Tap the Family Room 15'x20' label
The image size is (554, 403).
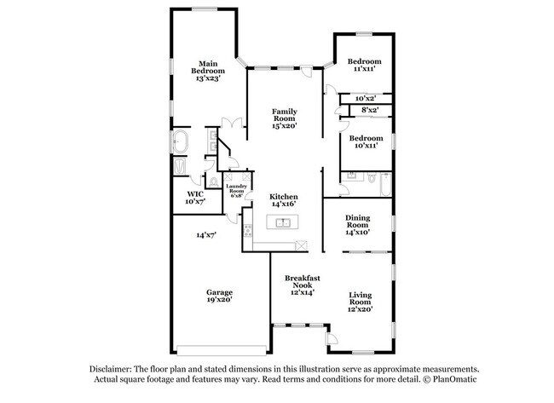click(x=285, y=118)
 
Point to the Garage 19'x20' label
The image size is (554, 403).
click(x=219, y=296)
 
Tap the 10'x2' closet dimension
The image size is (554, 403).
click(x=366, y=99)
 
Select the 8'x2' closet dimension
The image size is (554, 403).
click(x=370, y=110)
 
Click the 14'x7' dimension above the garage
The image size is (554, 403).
click(x=206, y=235)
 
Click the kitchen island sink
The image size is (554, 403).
click(x=283, y=222)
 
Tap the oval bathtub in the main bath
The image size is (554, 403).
click(x=181, y=141)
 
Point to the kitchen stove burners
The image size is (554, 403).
click(x=248, y=230)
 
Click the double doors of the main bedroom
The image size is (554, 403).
click(x=232, y=123)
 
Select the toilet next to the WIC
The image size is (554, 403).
click(x=213, y=182)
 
